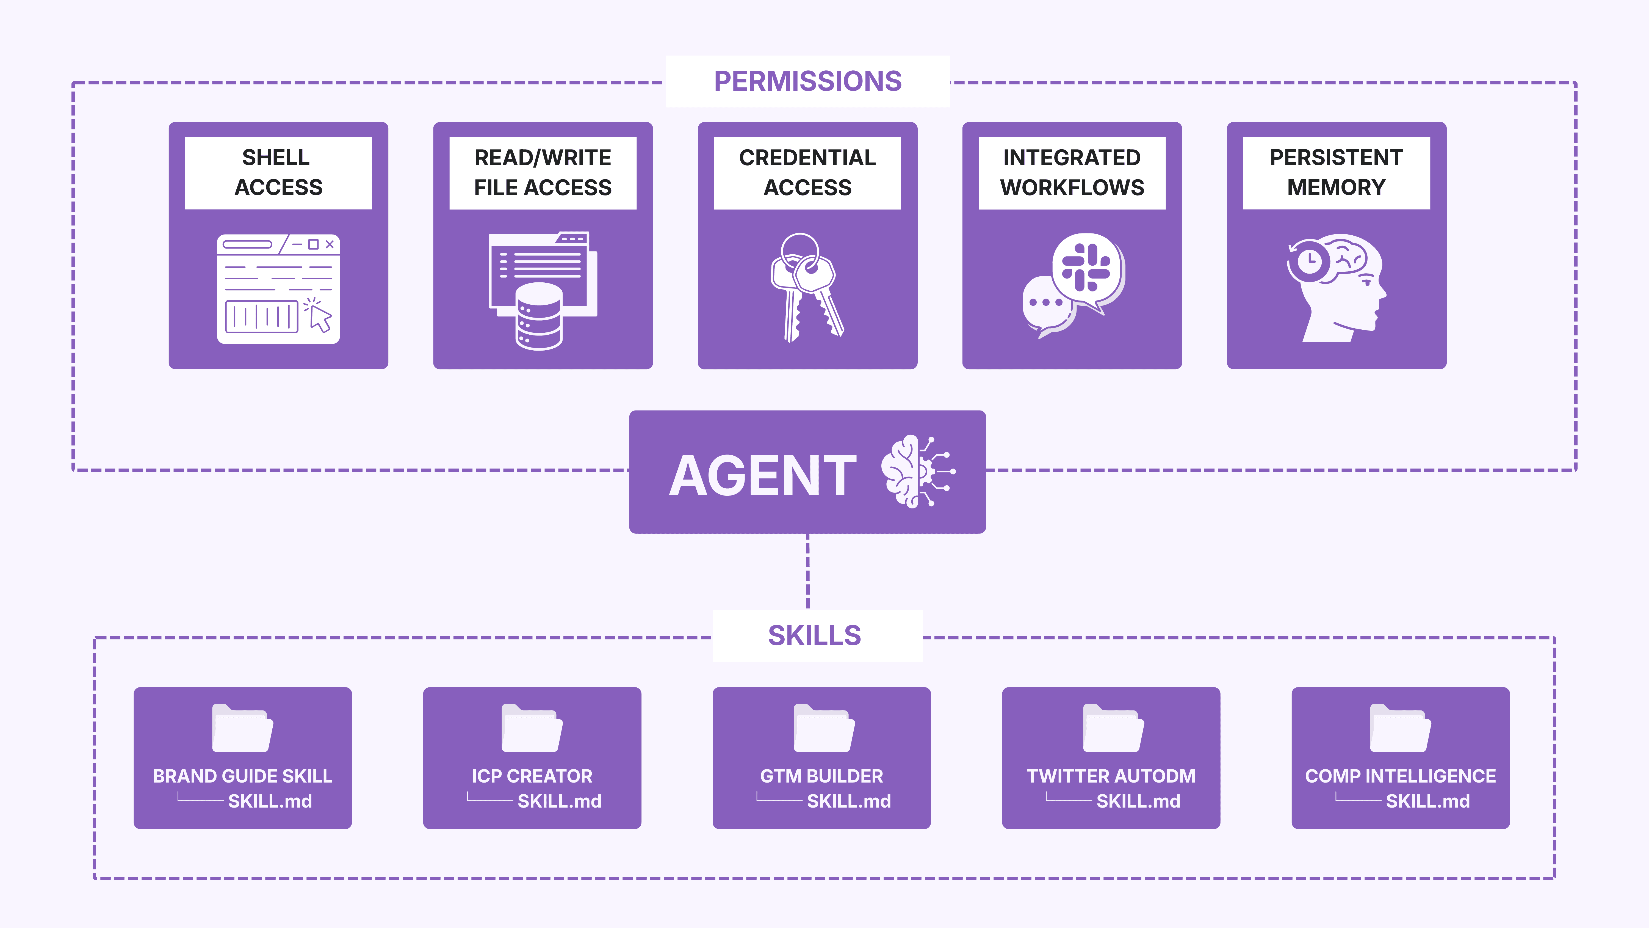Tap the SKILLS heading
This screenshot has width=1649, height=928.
[814, 635]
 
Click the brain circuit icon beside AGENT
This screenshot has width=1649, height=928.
[917, 472]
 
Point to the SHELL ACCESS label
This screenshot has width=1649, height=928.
[278, 172]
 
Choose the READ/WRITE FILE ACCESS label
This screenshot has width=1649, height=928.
[543, 172]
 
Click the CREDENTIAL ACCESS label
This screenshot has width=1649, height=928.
[807, 172]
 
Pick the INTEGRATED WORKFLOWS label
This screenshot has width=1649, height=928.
[1072, 172]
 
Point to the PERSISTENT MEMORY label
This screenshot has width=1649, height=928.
[1336, 172]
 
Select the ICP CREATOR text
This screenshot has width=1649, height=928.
[532, 776]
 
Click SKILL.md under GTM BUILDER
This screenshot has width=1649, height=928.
[849, 801]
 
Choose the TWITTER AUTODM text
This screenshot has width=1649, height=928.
[1111, 776]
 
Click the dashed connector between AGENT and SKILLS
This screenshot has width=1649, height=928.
[808, 570]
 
